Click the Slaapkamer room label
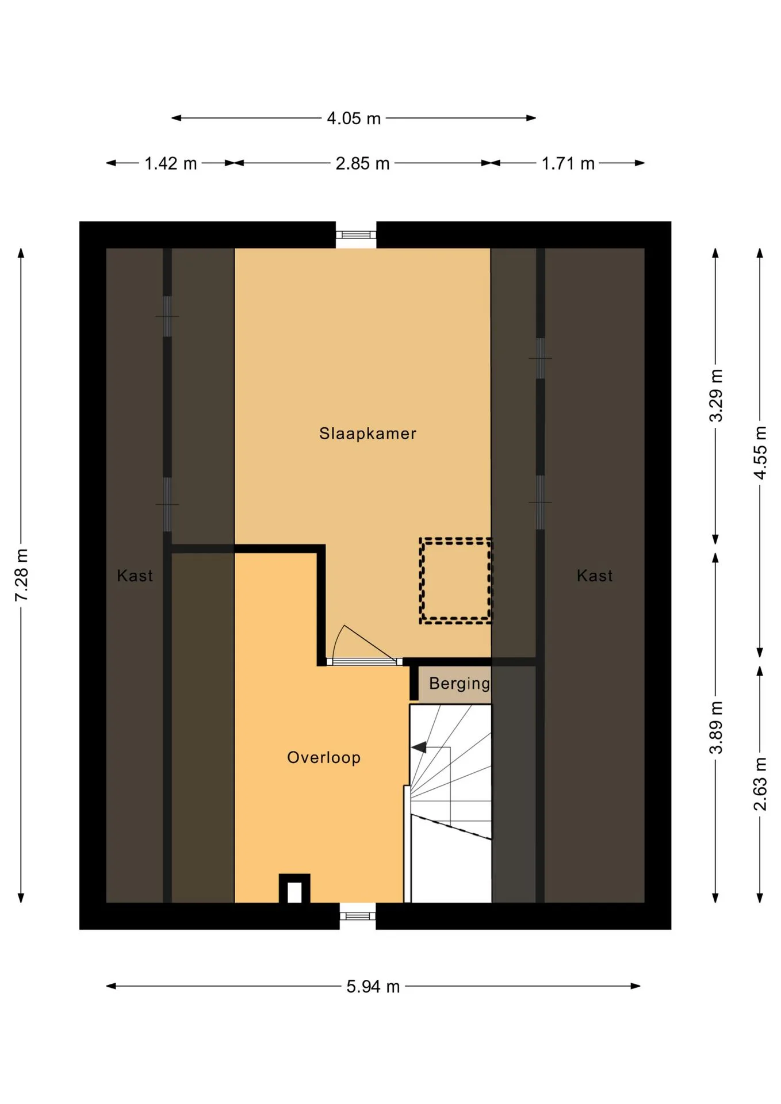click(367, 433)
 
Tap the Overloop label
click(324, 757)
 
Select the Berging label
click(460, 684)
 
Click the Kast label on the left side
click(135, 576)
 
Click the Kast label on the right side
click(595, 576)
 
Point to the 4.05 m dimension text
click(354, 118)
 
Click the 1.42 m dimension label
click(170, 163)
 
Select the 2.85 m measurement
click(362, 163)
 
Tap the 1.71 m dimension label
click(568, 163)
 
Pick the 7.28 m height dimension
click(21, 575)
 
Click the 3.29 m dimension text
click(715, 396)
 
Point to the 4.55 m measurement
click(760, 453)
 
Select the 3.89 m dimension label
click(715, 727)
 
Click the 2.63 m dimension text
click(760, 784)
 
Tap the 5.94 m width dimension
click(373, 987)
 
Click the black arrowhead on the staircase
click(419, 747)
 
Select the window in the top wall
click(356, 235)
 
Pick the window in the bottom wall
click(357, 915)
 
